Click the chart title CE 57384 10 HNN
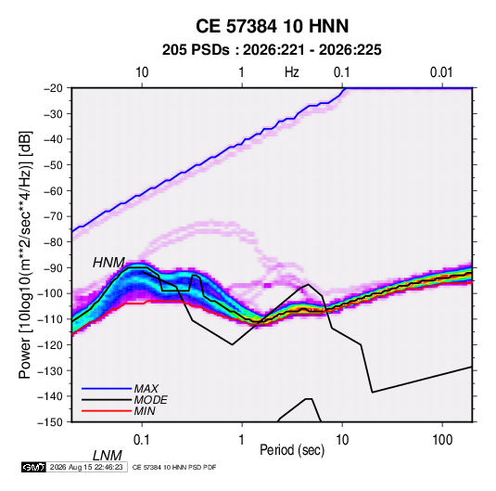272,26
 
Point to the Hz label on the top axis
292,72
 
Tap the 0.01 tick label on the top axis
441,72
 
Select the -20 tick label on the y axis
53,88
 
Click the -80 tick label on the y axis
53,242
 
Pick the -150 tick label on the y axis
50,422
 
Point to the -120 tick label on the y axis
50,344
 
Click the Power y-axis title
25,254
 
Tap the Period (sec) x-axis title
292,450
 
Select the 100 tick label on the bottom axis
442,440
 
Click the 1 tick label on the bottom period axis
242,440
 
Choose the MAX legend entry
146,388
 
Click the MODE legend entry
150,400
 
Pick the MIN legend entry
145,411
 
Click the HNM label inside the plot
108,263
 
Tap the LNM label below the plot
108,456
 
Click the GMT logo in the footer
33,467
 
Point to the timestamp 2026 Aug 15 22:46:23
86,467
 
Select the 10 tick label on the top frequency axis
142,72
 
